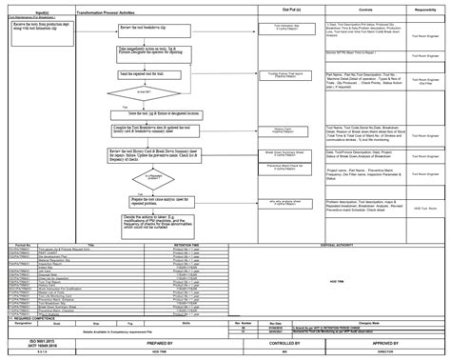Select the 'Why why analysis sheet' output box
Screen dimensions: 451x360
(x=281, y=203)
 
